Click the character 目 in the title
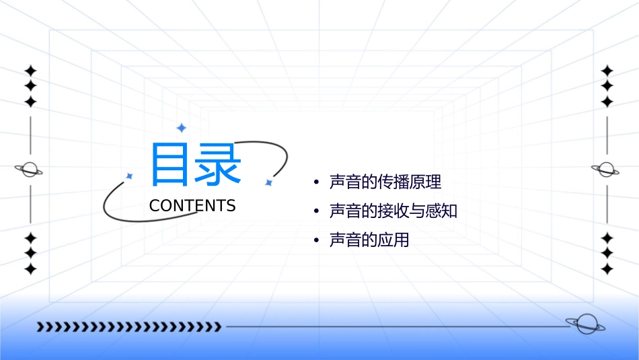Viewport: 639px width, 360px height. pos(170,165)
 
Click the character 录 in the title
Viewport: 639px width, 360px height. pos(219,165)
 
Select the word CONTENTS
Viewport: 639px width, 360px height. pos(192,206)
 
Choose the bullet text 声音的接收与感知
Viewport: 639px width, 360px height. pos(393,211)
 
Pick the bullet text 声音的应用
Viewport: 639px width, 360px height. pos(369,240)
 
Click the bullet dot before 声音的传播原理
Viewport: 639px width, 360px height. pos(316,182)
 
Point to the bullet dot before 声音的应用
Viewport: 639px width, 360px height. pos(316,241)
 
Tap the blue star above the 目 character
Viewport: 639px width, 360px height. pos(181,128)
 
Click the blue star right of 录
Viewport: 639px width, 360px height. pos(268,182)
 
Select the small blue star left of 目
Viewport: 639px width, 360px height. pos(130,176)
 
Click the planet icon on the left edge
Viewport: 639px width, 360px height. pos(29,170)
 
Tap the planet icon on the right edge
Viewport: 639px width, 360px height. pos(606,170)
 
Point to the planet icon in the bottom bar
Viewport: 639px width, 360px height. pos(585,325)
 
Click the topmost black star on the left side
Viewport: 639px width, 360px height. pos(30,71)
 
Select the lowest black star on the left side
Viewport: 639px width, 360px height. pos(30,269)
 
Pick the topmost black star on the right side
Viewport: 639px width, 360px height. pos(607,71)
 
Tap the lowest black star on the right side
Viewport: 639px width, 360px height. pos(607,269)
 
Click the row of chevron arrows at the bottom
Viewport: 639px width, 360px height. pos(128,327)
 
